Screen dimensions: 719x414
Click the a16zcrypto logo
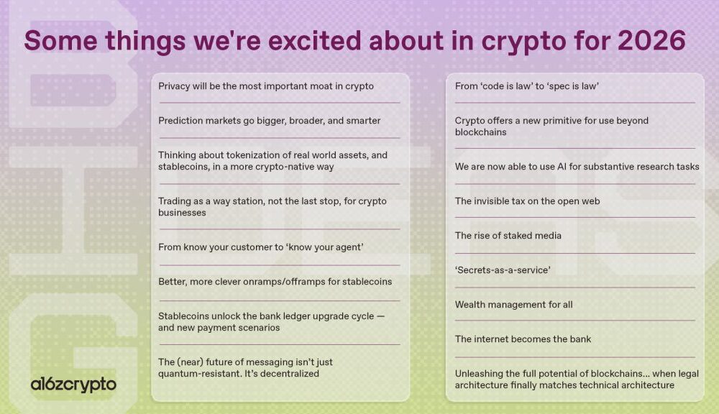pyautogui.click(x=73, y=385)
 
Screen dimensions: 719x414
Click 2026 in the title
pyautogui.click(x=651, y=40)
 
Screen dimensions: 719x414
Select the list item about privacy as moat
pyautogui.click(x=266, y=86)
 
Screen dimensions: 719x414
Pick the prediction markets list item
pyautogui.click(x=269, y=121)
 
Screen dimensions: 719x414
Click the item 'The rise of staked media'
pyautogui.click(x=508, y=236)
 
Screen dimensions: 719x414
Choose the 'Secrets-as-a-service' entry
pyautogui.click(x=503, y=270)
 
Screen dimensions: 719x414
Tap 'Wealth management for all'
pyautogui.click(x=513, y=305)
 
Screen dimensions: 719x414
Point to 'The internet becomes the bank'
pyautogui.click(x=523, y=339)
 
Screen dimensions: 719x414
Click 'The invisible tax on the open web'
pyautogui.click(x=527, y=201)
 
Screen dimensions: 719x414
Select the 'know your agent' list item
pyautogui.click(x=261, y=247)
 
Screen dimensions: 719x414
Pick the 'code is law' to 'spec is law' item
pyautogui.click(x=527, y=86)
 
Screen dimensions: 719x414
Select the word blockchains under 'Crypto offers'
pyautogui.click(x=480, y=132)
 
